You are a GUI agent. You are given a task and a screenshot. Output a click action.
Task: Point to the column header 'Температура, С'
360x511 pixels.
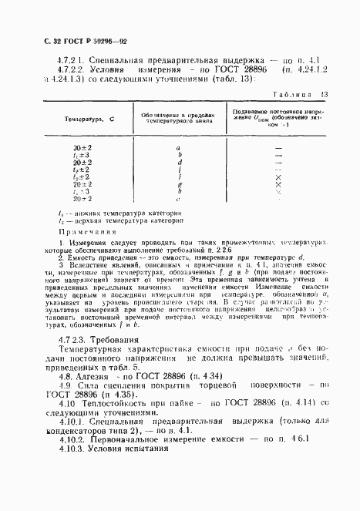[x=89, y=120]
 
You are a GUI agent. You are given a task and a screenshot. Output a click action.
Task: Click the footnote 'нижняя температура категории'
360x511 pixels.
[x=107, y=212]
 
